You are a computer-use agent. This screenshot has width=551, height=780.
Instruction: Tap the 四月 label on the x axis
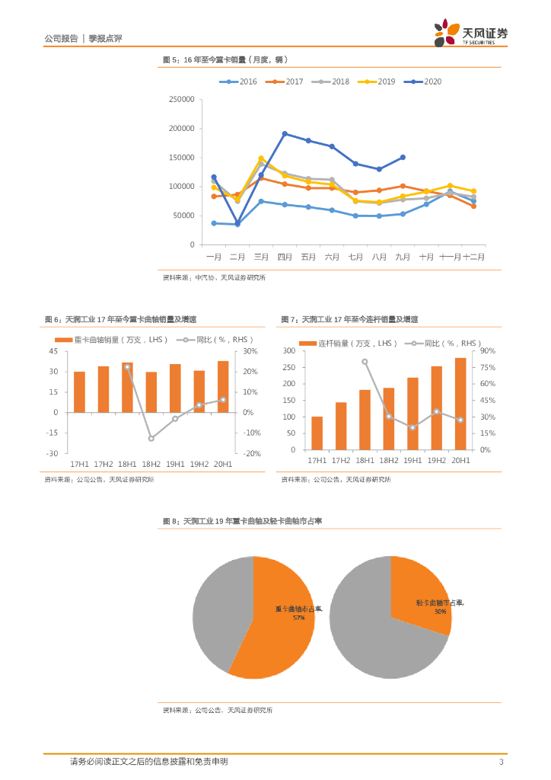point(285,257)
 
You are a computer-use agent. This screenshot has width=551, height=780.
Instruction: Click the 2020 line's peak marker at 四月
point(285,133)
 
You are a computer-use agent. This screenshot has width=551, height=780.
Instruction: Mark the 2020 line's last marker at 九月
point(403,158)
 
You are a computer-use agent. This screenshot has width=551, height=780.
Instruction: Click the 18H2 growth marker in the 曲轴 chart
point(151,439)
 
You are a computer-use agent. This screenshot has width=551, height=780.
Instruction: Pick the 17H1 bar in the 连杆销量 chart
point(317,433)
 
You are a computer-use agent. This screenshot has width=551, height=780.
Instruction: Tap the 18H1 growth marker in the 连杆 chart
point(365,362)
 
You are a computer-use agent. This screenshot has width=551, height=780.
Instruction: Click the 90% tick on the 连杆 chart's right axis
point(487,351)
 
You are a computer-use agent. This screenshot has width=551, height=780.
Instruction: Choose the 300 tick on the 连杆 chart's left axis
point(288,351)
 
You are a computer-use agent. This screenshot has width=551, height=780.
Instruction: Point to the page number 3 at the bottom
point(501,762)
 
